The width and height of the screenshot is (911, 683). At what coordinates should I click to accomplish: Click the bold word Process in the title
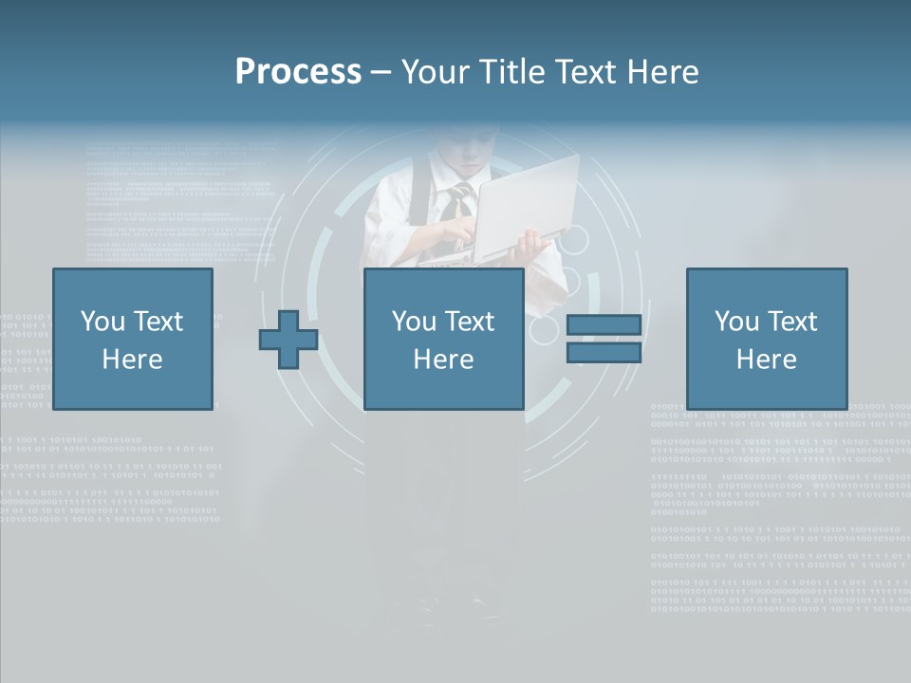click(x=298, y=72)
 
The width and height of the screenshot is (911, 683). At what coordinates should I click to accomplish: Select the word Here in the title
click(x=661, y=72)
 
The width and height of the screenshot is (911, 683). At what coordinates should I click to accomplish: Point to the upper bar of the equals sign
click(x=604, y=325)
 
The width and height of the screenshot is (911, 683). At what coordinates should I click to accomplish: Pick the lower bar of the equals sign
click(x=604, y=353)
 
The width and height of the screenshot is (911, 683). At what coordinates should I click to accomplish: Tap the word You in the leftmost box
click(x=102, y=322)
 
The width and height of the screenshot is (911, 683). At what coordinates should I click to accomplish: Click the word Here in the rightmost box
click(x=767, y=360)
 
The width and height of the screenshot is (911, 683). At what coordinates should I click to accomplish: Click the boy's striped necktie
click(x=458, y=201)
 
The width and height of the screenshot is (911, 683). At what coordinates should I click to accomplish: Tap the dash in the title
click(x=381, y=72)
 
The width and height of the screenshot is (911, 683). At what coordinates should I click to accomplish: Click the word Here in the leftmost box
click(x=133, y=360)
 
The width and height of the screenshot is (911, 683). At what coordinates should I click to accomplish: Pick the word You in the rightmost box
click(x=735, y=322)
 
